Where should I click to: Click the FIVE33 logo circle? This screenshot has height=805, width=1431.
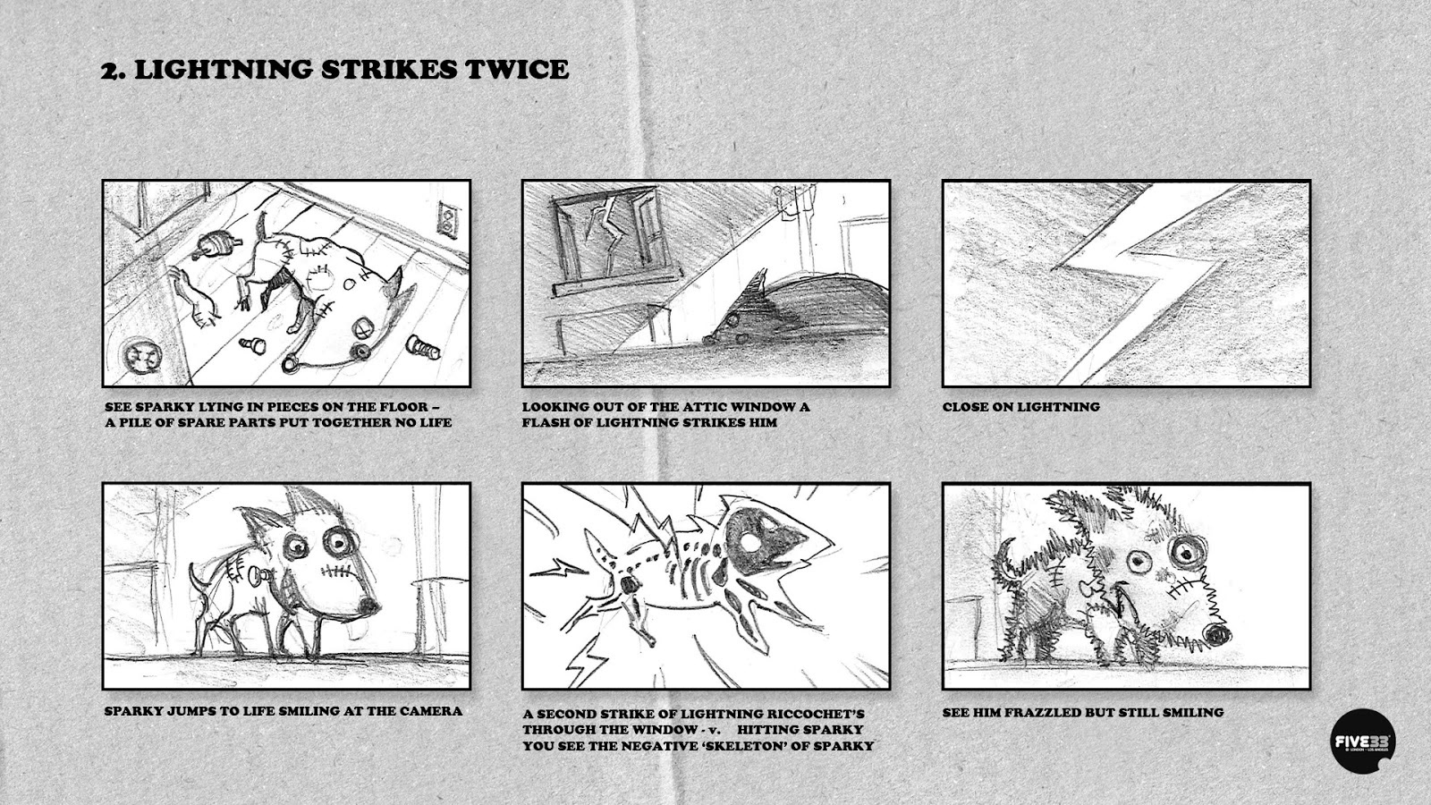pos(1363,741)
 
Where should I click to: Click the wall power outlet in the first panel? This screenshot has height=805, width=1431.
pos(448,219)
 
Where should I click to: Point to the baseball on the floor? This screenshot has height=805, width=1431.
pos(142,356)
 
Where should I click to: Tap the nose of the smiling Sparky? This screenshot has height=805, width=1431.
pos(368,605)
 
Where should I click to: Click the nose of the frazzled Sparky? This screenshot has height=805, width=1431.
pos(1217,633)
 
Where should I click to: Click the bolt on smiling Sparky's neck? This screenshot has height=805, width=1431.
pos(260,576)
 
